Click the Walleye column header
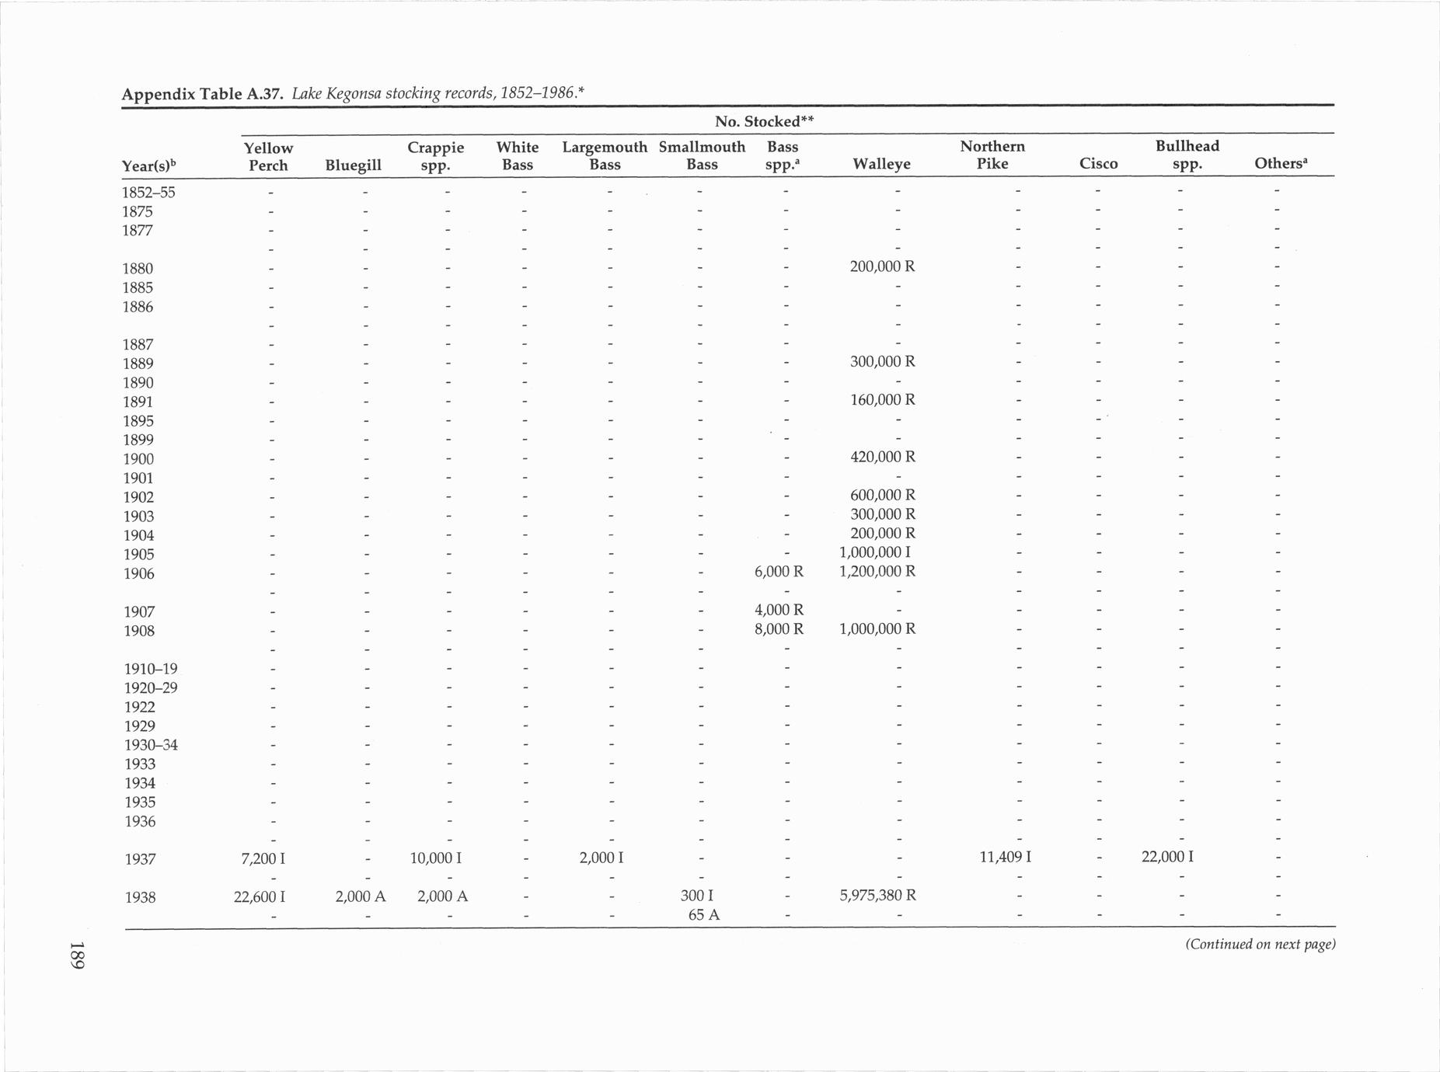(x=881, y=164)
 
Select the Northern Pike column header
(x=992, y=155)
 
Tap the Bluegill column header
(x=354, y=165)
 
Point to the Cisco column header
(x=1098, y=164)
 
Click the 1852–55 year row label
(x=148, y=193)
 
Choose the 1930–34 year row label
(x=151, y=745)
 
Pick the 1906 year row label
(x=139, y=574)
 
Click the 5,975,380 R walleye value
(x=877, y=895)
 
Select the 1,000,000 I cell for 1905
(x=875, y=552)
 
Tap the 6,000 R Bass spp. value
(x=779, y=572)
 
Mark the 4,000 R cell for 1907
(x=779, y=610)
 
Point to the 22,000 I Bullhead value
(x=1167, y=858)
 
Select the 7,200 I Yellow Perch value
(x=263, y=859)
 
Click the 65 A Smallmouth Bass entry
(x=703, y=915)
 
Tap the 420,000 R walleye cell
(x=882, y=457)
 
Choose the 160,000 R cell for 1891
(x=882, y=400)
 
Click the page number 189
(x=76, y=955)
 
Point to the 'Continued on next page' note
(x=1260, y=945)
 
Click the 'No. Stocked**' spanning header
(x=763, y=122)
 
